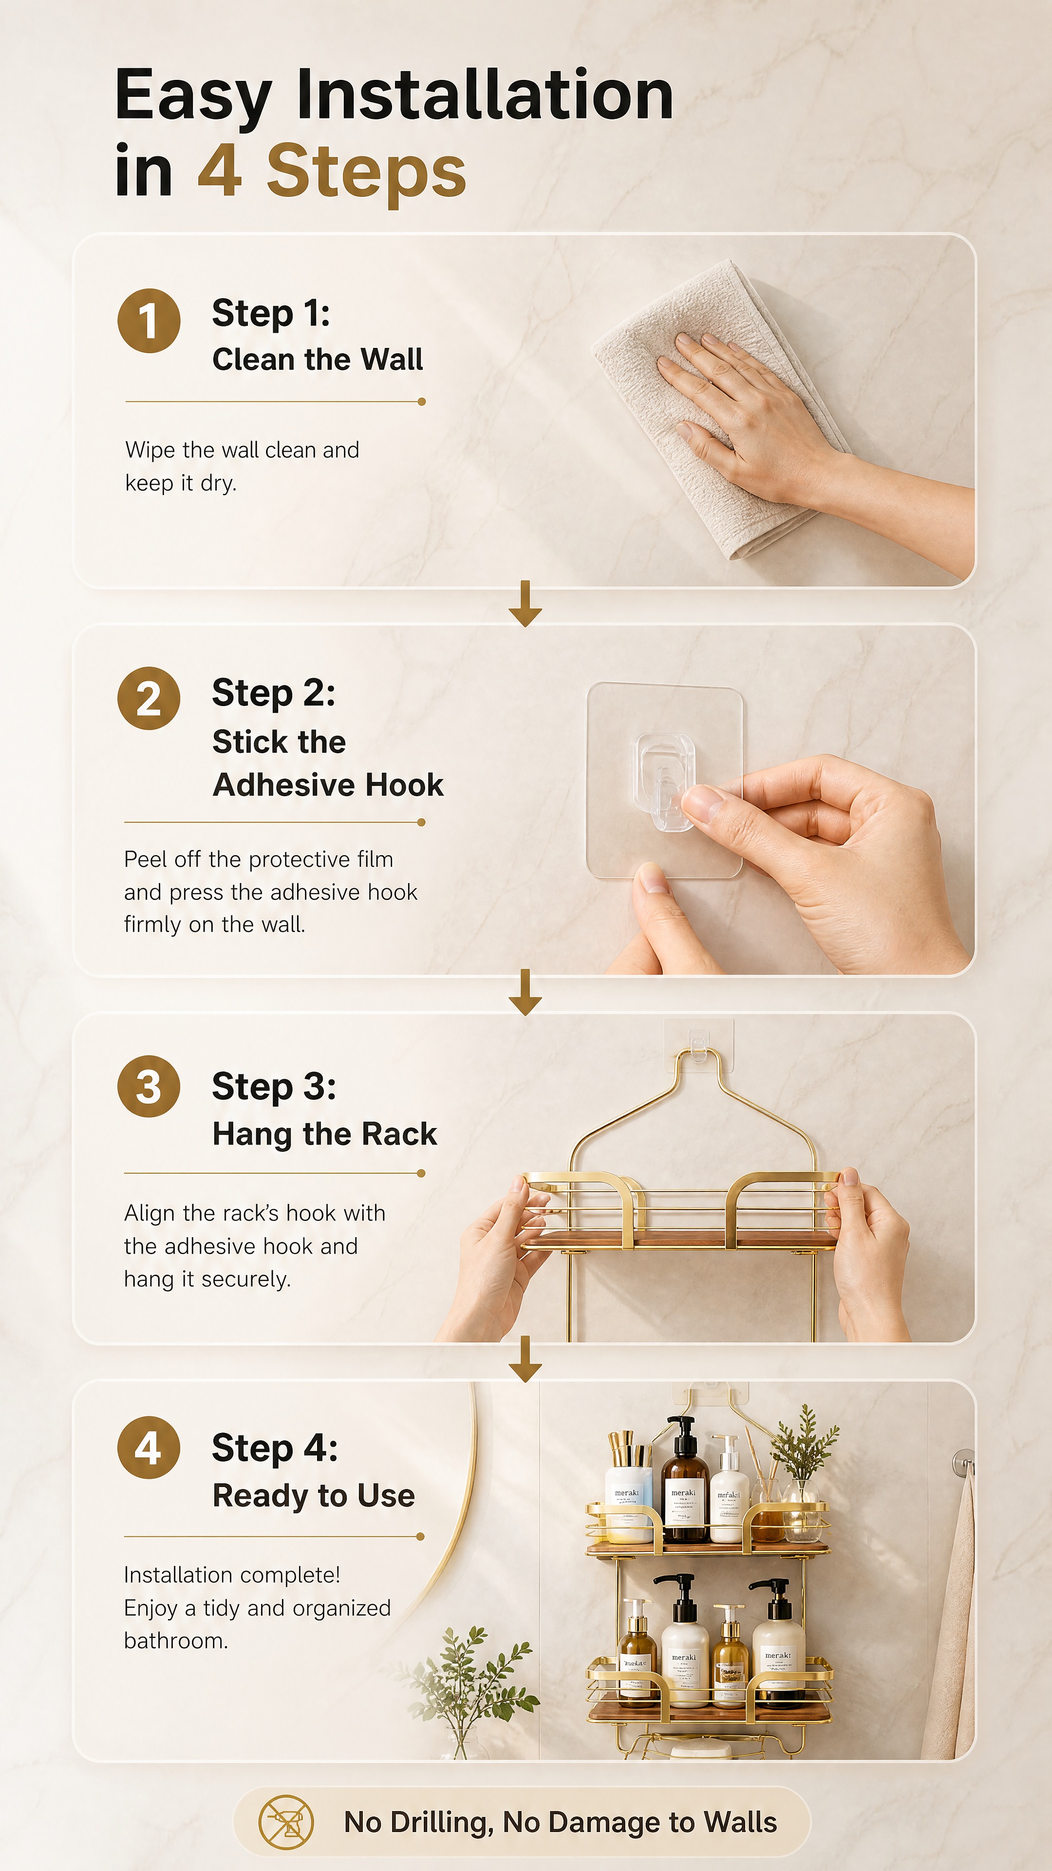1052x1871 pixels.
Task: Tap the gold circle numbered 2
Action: point(149,698)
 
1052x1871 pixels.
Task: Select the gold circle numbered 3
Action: point(149,1086)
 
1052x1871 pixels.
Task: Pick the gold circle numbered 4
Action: point(149,1448)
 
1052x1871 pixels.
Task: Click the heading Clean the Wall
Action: point(317,360)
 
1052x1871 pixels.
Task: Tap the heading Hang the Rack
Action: point(324,1134)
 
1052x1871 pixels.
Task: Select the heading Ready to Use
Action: point(314,1496)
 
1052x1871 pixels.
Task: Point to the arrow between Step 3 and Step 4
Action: point(525,1358)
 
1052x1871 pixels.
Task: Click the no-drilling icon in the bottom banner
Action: point(286,1822)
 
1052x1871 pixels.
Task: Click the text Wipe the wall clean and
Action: point(242,450)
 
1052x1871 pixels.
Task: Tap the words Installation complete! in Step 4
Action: point(232,1575)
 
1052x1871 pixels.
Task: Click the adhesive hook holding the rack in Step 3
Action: point(698,1045)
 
